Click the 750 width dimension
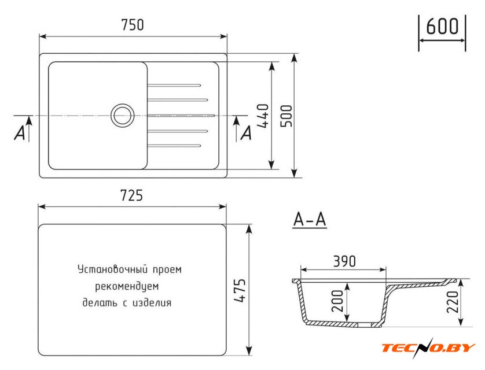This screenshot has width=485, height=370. pyautogui.click(x=133, y=25)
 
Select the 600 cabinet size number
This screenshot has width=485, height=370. pyautogui.click(x=442, y=26)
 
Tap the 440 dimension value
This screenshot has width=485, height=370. pyautogui.click(x=263, y=116)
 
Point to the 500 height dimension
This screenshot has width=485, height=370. pyautogui.click(x=286, y=116)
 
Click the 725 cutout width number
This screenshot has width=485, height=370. pyautogui.click(x=131, y=195)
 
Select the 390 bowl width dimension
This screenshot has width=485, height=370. pyautogui.click(x=344, y=261)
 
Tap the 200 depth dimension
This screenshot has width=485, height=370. pyautogui.click(x=337, y=301)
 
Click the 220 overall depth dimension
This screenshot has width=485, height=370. pyautogui.click(x=453, y=302)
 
